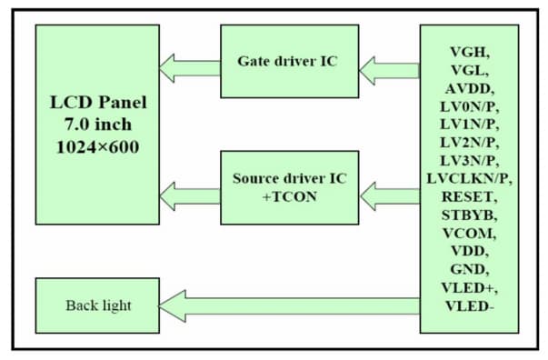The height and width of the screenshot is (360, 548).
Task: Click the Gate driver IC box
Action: tap(288, 62)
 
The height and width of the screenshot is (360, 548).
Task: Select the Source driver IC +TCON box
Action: tap(288, 187)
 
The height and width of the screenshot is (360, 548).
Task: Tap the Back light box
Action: tap(98, 305)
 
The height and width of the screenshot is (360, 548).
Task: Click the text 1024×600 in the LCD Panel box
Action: tap(98, 146)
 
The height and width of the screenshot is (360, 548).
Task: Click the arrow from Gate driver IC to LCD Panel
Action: tap(190, 66)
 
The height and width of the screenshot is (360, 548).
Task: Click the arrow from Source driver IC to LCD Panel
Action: tap(190, 193)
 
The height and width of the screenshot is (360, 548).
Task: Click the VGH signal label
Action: tap(469, 52)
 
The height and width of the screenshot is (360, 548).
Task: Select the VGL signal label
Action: tap(469, 70)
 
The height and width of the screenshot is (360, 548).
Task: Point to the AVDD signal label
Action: tap(469, 88)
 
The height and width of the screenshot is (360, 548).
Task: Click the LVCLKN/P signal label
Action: tap(469, 178)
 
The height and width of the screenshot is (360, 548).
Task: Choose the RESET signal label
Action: tap(469, 196)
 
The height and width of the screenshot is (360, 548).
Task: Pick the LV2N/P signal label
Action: tap(469, 142)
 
